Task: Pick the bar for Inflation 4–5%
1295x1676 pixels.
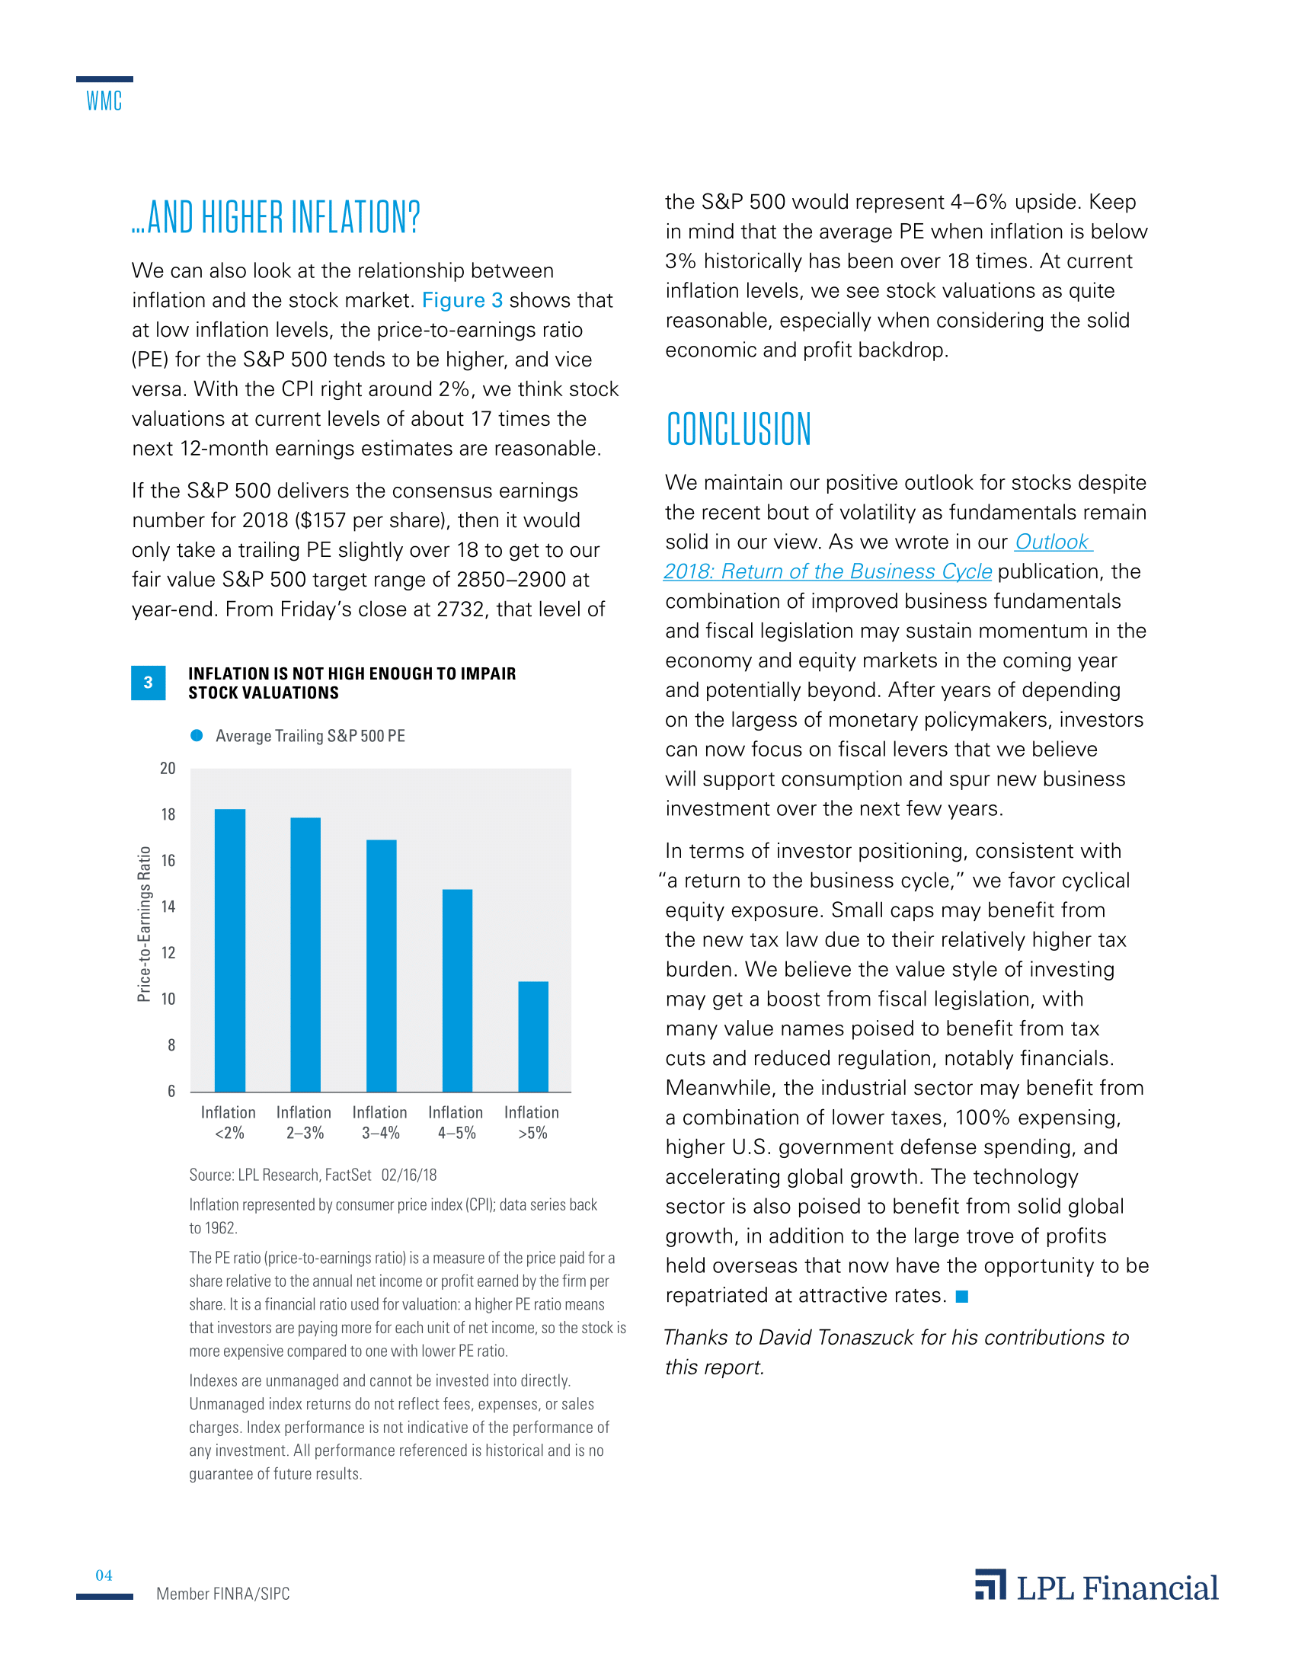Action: [x=457, y=990]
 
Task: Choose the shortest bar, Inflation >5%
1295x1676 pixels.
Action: [x=533, y=1036]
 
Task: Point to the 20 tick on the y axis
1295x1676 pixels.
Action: [x=168, y=768]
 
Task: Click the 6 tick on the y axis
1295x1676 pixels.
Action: [x=171, y=1091]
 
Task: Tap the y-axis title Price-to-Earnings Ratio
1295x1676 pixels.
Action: [x=143, y=924]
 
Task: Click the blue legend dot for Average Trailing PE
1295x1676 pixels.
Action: [x=197, y=735]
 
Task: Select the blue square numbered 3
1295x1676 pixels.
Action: [x=148, y=683]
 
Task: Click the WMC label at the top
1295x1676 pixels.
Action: [x=104, y=101]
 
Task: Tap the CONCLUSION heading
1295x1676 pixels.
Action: [x=738, y=429]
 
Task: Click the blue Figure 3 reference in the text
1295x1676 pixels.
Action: [x=462, y=300]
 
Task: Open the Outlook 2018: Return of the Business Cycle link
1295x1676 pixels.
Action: [x=828, y=571]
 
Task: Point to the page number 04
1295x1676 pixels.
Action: [x=104, y=1575]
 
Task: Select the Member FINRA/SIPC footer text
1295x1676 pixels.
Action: [x=222, y=1594]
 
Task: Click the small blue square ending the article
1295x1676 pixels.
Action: [x=962, y=1296]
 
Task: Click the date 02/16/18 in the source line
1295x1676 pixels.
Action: [x=408, y=1175]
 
